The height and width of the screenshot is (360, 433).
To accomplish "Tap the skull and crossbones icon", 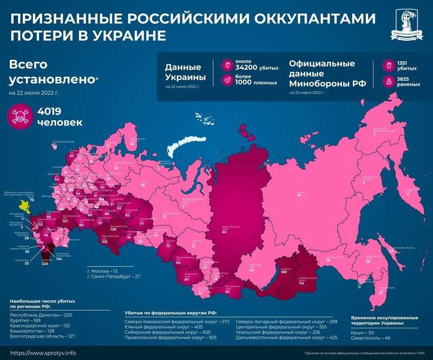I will [x=21, y=117].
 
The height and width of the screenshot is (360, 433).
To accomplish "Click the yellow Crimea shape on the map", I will [x=24, y=205].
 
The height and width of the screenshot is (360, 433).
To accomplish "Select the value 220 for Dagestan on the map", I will [x=45, y=264].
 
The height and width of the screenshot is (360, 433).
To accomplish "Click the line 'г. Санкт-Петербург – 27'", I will [x=114, y=277].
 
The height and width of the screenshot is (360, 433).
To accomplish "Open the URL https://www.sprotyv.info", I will [x=43, y=352].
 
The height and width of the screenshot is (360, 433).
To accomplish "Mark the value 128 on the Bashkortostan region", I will [x=114, y=229].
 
